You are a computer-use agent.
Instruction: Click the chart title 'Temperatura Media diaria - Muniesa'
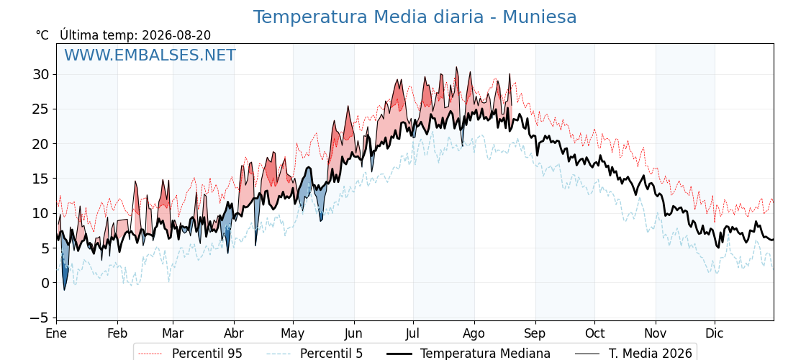coord(415,17)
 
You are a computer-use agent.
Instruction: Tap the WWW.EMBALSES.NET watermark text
coord(150,55)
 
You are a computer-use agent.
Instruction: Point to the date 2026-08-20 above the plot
coord(176,35)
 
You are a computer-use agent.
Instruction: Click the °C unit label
coord(42,35)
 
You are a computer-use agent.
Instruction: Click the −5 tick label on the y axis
coord(39,318)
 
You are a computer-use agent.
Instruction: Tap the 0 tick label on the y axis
coord(46,283)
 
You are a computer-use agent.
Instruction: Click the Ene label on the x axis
coord(57,333)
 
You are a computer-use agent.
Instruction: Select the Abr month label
coord(234,333)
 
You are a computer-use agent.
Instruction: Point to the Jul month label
coord(413,333)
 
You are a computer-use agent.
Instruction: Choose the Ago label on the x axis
coord(474,333)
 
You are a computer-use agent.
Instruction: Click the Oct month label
coord(594,333)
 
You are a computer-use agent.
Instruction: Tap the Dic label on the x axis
coord(715,333)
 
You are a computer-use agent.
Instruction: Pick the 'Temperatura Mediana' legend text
coord(485,354)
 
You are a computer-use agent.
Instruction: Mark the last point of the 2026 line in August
coord(512,105)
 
